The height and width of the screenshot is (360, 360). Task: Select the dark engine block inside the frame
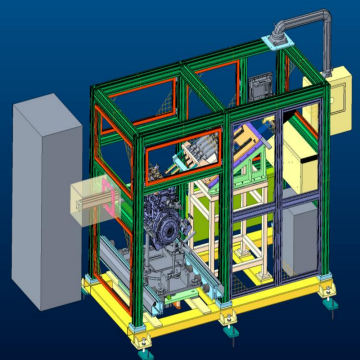pos(161,225)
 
